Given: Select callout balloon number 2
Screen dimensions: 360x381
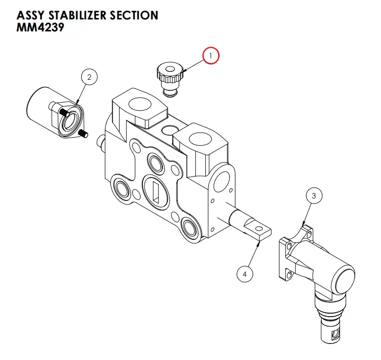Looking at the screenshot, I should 89,77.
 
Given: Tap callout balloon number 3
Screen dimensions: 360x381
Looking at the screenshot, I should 314,196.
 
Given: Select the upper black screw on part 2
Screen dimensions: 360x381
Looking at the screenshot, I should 64,112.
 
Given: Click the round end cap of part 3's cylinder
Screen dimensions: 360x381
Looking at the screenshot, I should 343,278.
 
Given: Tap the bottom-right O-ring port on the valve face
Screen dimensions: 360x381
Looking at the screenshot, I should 190,227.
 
